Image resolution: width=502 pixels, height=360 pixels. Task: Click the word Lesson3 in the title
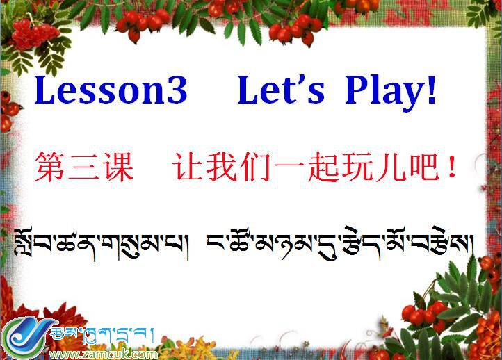point(111,91)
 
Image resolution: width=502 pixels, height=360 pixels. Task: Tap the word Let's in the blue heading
point(281,91)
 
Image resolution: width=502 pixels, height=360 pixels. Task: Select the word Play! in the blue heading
point(391,91)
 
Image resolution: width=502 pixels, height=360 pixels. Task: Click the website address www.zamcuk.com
point(103,354)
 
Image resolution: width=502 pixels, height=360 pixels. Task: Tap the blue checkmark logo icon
point(25,337)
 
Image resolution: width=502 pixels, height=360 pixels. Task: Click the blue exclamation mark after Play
point(432,91)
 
